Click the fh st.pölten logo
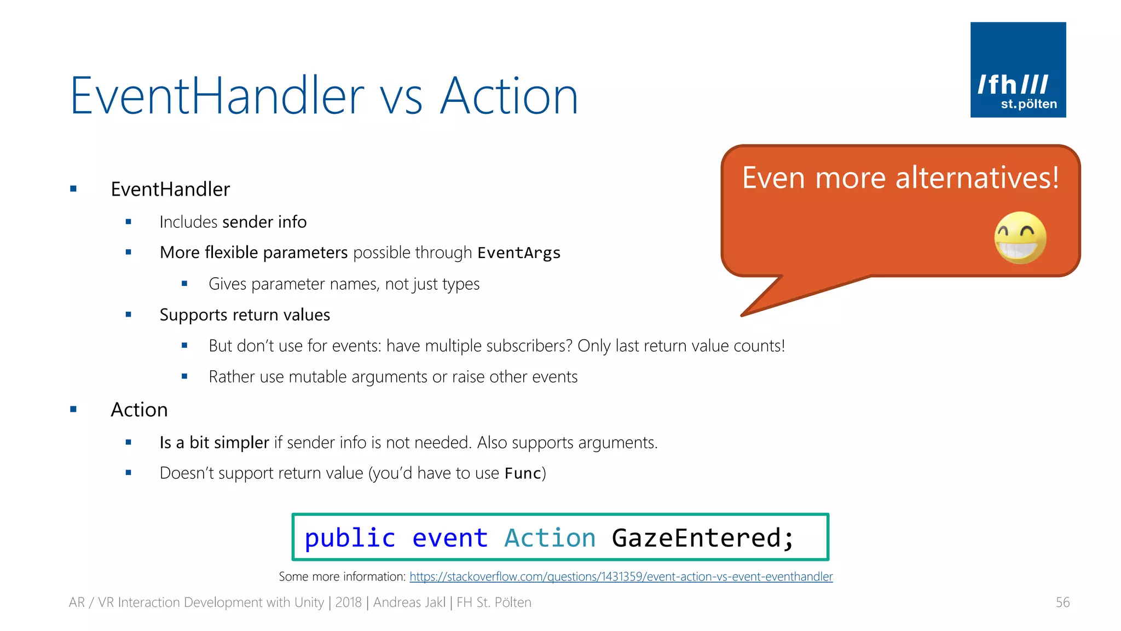click(x=1018, y=70)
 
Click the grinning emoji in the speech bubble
click(x=1020, y=238)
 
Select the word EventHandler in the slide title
click(x=217, y=96)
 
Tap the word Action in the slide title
click(x=509, y=96)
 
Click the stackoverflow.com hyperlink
click(x=621, y=577)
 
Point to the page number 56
click(x=1062, y=603)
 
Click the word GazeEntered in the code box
click(x=702, y=538)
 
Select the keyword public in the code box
click(x=350, y=538)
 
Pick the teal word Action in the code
click(x=550, y=538)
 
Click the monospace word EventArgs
click(x=518, y=253)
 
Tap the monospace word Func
click(x=522, y=473)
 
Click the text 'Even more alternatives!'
click(x=900, y=178)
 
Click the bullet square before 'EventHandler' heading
click(x=73, y=189)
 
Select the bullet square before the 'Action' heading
click(x=73, y=409)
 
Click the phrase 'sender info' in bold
click(x=264, y=222)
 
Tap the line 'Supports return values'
click(x=245, y=315)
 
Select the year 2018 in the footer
click(x=348, y=603)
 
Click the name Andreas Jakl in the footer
click(x=409, y=603)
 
